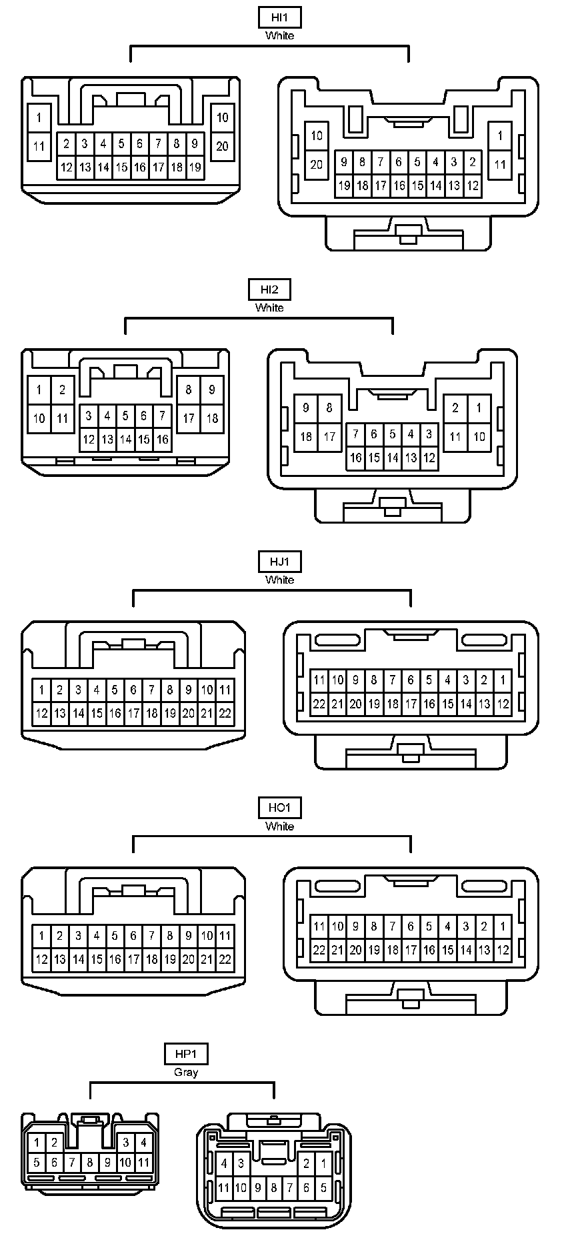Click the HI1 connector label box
(279, 17)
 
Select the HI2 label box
(269, 289)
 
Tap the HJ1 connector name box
(279, 562)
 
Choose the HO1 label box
(279, 808)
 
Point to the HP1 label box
(186, 1054)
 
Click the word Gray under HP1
(186, 1073)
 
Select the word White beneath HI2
(269, 307)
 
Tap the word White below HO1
(279, 826)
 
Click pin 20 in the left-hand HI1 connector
(222, 146)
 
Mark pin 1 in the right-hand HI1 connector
(500, 136)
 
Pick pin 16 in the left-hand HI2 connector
(162, 440)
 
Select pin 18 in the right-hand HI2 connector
(306, 437)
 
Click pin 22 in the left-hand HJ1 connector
(225, 713)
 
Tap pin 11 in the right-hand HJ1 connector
(319, 680)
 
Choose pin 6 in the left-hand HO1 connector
(133, 936)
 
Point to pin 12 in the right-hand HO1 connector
(503, 950)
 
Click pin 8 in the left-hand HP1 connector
(90, 1163)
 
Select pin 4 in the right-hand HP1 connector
(224, 1164)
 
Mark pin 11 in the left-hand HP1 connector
(143, 1163)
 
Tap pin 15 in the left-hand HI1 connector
(121, 167)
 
